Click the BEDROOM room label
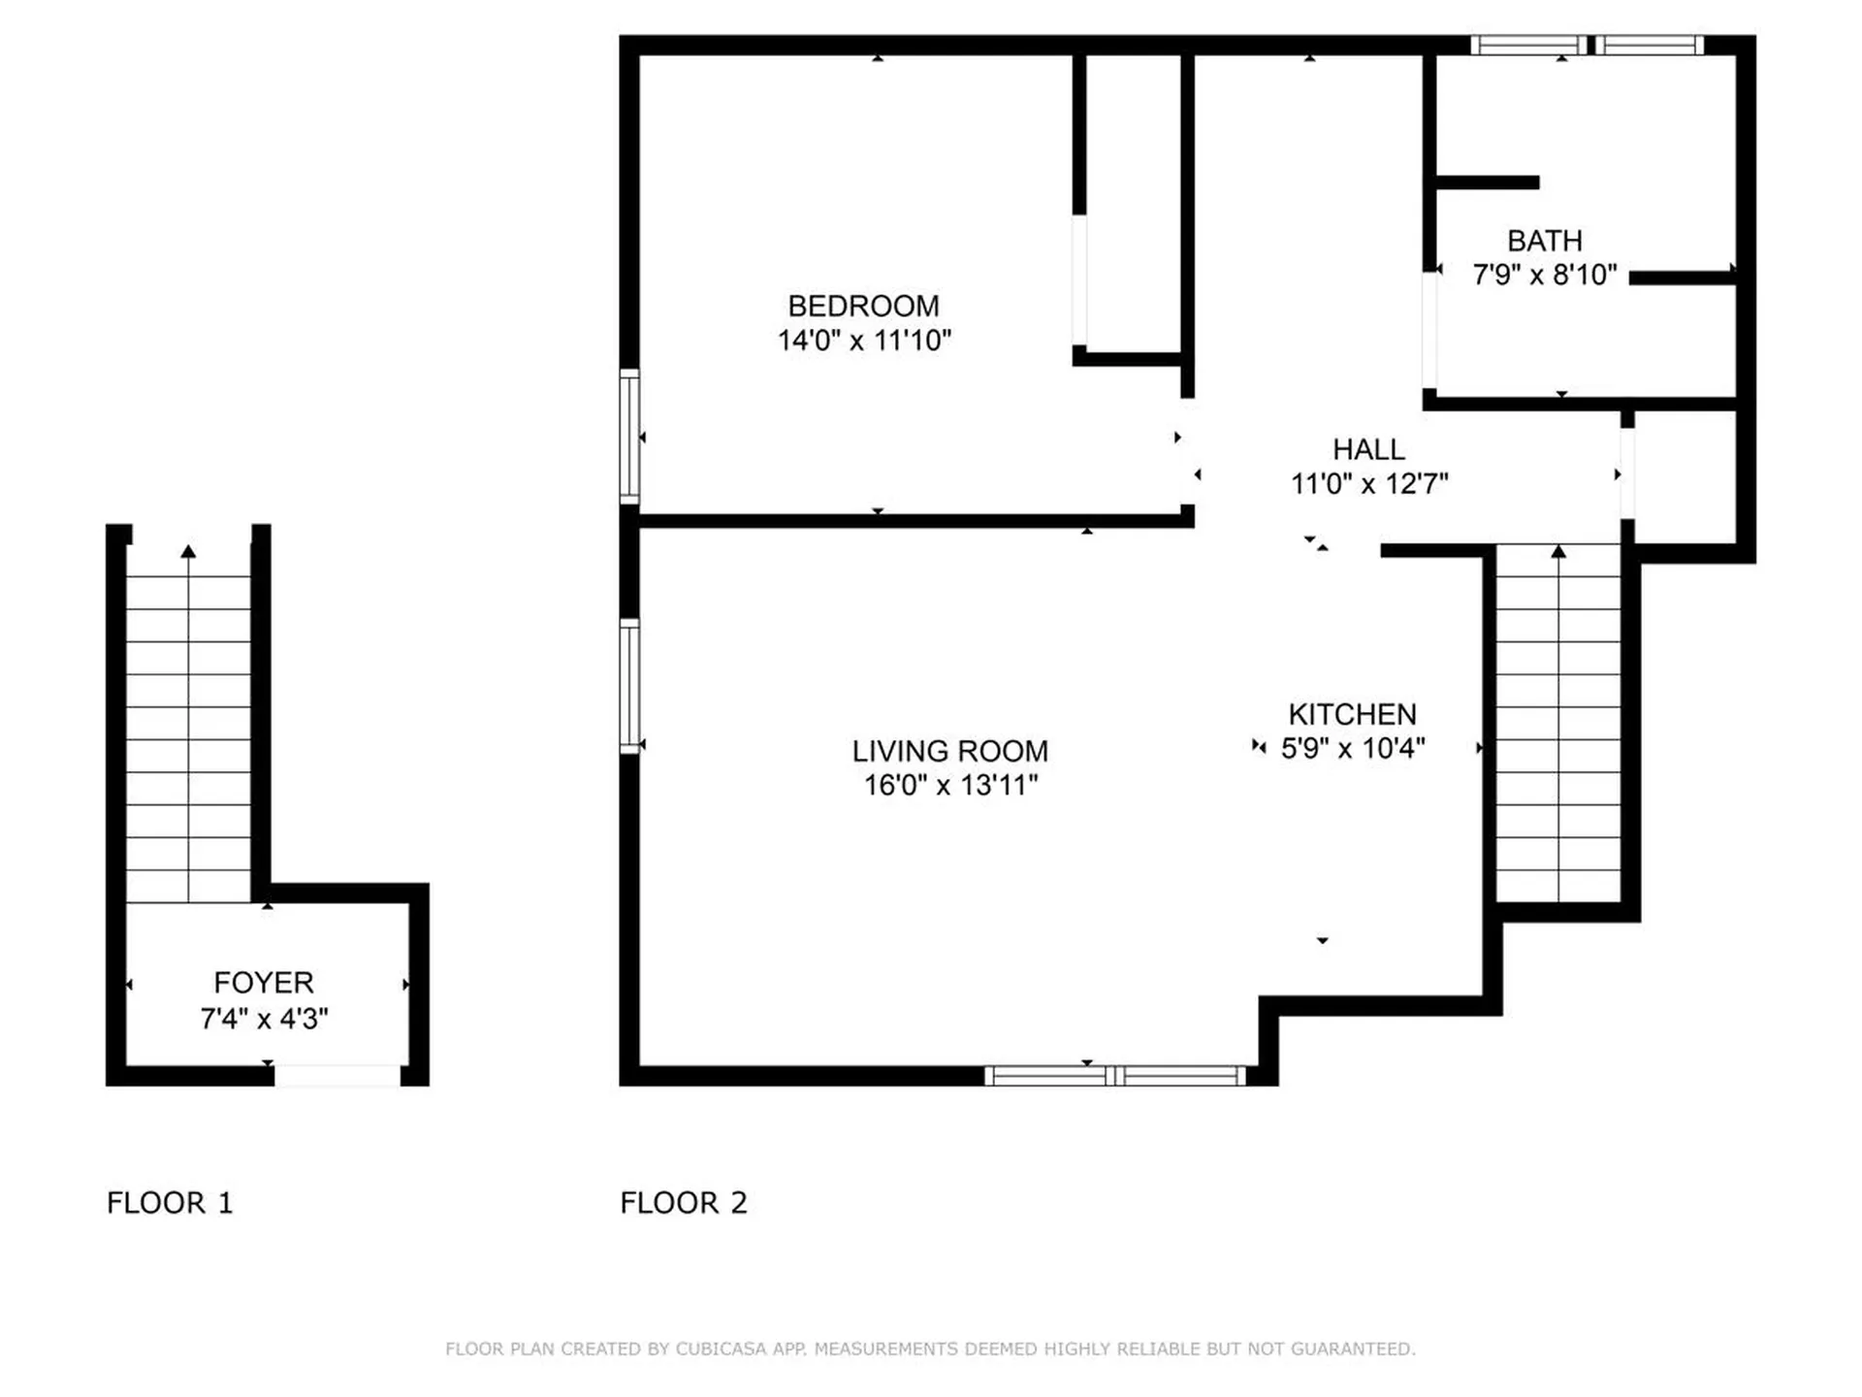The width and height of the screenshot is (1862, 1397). pos(863,307)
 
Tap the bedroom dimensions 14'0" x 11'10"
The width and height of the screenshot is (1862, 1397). pos(864,341)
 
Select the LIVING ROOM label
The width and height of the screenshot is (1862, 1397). pos(950,751)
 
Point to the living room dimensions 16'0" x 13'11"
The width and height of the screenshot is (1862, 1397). pos(950,785)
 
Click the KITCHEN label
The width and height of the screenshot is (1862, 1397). pos(1353,715)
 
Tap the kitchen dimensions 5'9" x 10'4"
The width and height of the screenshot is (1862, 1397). pos(1353,748)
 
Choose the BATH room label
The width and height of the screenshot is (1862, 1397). pos(1545,241)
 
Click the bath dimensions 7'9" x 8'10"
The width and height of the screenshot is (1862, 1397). pos(1545,275)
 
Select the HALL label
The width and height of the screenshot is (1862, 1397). pos(1368,450)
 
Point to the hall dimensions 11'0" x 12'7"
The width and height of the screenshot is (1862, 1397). pos(1368,483)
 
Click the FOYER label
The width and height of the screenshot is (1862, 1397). pos(264,983)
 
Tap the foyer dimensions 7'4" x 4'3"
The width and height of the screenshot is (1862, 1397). pos(264,1019)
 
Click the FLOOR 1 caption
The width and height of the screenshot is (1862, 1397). pos(170,1203)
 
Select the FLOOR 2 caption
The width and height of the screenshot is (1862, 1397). pos(684,1203)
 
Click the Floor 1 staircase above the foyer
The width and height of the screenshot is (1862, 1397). pos(188,737)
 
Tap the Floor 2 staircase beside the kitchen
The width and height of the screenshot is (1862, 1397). pos(1558,724)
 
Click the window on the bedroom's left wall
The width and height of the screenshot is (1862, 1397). pos(629,437)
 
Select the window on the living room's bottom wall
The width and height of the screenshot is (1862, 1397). pos(1115,1075)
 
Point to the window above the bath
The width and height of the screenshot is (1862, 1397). pos(1587,45)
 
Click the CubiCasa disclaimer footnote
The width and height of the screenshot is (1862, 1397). pos(930,1349)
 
